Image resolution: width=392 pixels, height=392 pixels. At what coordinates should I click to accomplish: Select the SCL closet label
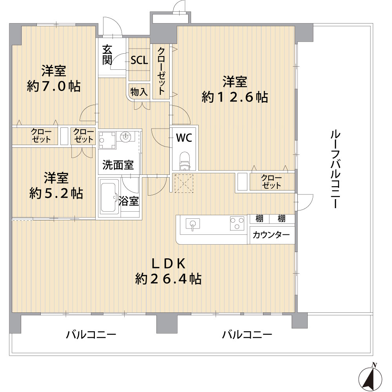click(139, 60)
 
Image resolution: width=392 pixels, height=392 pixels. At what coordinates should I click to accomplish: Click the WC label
click(184, 138)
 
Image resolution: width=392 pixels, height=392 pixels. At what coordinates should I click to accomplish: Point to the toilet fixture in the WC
click(185, 161)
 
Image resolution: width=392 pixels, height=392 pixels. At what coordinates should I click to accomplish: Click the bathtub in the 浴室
click(109, 197)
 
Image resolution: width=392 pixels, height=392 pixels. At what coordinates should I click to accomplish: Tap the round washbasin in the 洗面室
click(125, 137)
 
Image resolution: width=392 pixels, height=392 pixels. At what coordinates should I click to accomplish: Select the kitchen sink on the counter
click(193, 223)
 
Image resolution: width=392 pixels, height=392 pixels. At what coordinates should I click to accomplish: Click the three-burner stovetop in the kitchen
click(237, 223)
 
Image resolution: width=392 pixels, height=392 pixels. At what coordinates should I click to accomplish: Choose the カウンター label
click(271, 235)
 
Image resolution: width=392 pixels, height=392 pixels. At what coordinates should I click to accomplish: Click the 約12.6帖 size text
click(235, 97)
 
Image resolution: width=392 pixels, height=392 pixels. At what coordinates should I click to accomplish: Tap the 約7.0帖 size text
click(54, 87)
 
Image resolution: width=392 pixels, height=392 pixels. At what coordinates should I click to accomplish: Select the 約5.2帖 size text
click(56, 193)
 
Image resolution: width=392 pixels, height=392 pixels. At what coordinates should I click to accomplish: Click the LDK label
click(169, 264)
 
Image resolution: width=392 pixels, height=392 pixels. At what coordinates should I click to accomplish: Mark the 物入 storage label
click(139, 92)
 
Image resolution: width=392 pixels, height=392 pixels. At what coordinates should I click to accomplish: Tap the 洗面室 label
click(118, 165)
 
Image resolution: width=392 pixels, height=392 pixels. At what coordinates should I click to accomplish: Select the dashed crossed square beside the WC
click(184, 183)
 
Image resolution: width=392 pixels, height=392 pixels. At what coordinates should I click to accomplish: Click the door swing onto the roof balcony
click(305, 202)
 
